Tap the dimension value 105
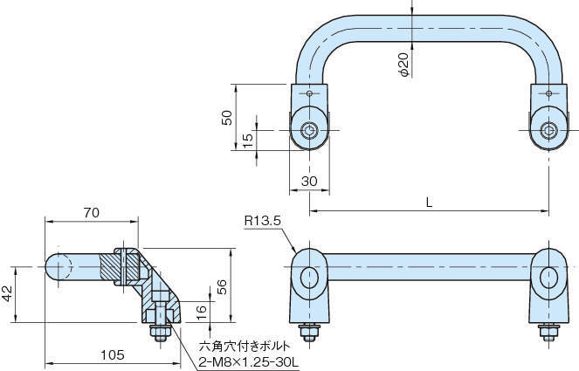click(110, 355)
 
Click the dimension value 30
click(307, 181)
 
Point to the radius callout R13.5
click(261, 221)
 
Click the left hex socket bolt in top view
click(310, 131)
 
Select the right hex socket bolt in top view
click(548, 131)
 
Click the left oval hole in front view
click(310, 278)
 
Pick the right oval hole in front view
click(548, 278)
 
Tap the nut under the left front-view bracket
click(309, 332)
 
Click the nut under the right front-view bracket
click(548, 332)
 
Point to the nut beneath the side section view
click(161, 332)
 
